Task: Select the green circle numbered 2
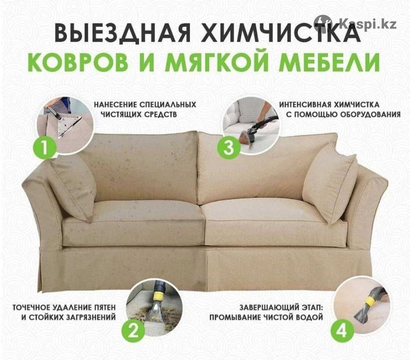(x=133, y=332)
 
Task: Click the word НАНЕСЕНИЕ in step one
(x=115, y=105)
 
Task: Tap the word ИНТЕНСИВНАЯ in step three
(x=303, y=105)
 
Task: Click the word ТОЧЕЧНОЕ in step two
(x=32, y=308)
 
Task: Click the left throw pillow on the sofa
(x=71, y=186)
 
